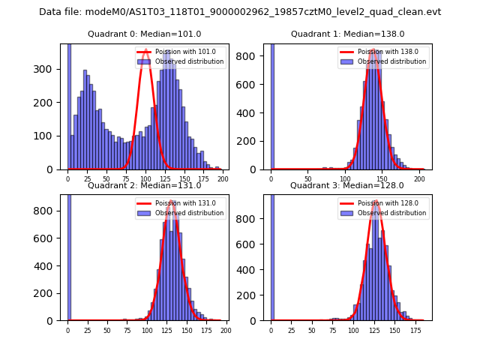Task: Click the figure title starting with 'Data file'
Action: pos(240,12)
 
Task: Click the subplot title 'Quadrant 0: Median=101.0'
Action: pos(145,34)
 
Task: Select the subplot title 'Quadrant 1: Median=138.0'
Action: pos(347,34)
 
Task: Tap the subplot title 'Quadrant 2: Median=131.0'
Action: pos(145,185)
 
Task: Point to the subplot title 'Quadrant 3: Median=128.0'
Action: pos(347,185)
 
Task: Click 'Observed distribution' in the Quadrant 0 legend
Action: pos(189,61)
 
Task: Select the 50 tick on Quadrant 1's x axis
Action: pos(307,179)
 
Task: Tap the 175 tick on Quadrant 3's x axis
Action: pos(412,330)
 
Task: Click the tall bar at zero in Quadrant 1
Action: pos(271,105)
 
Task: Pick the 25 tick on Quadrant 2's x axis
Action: pos(87,330)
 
